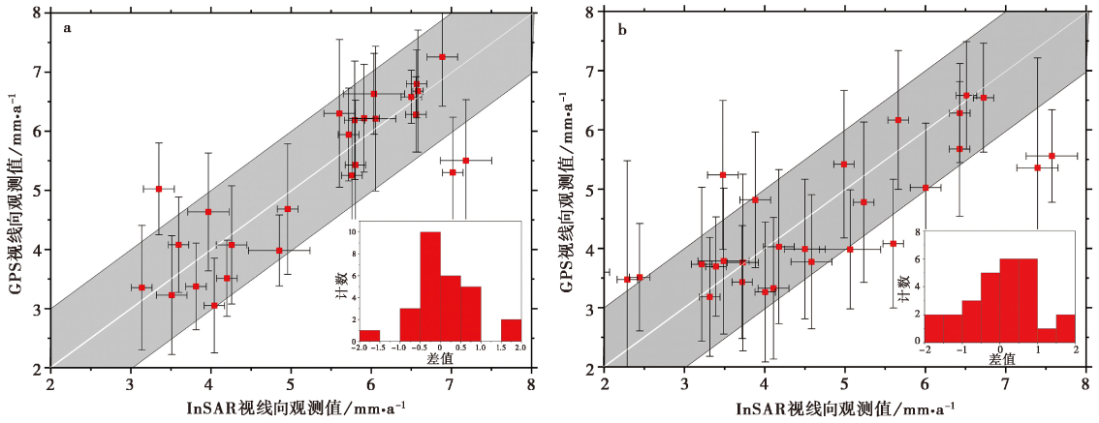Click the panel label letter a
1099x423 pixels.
[67, 27]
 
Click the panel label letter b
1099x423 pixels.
[621, 29]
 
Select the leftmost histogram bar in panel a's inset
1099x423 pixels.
[369, 336]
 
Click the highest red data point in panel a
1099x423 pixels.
[442, 57]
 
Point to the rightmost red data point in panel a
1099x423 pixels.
[465, 161]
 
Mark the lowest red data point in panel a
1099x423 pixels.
[214, 306]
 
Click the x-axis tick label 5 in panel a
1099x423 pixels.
[290, 385]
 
